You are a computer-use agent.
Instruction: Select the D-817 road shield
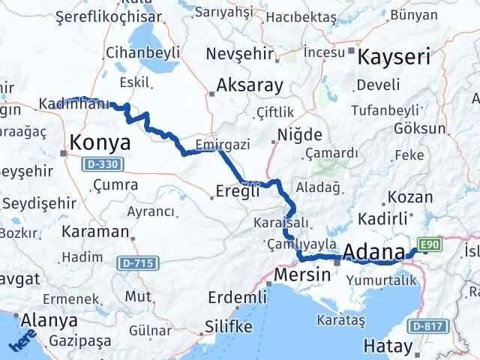pos(427,326)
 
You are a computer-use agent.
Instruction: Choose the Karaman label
pos(96,231)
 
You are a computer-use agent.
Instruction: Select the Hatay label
pos(388,346)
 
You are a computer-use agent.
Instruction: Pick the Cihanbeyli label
pos(142,52)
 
